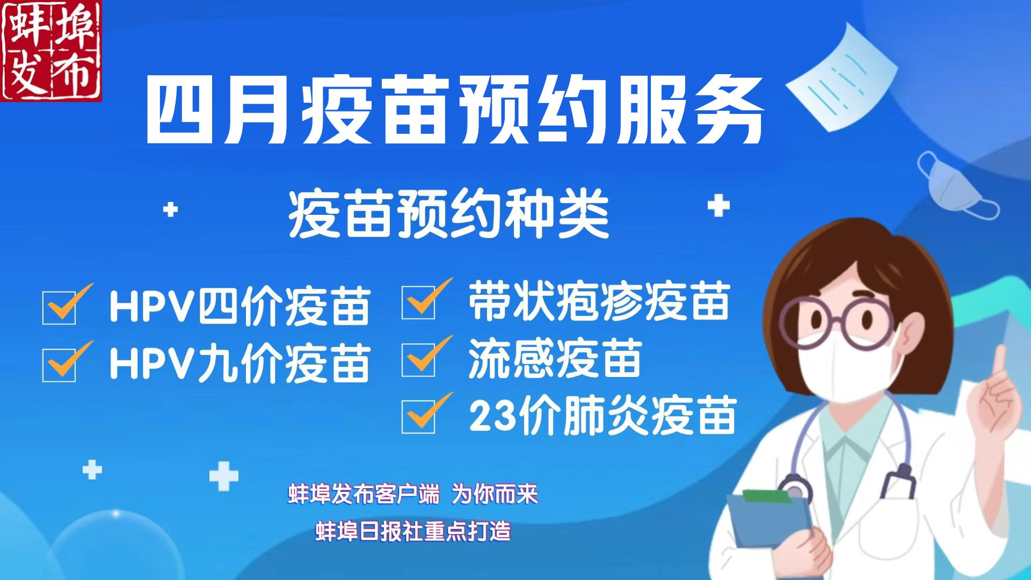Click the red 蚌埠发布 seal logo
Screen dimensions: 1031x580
pos(51,50)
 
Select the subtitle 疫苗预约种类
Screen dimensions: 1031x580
pos(449,215)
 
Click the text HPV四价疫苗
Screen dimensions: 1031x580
pos(239,306)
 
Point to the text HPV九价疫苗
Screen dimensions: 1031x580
pos(239,363)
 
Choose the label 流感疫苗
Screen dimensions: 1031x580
pos(555,358)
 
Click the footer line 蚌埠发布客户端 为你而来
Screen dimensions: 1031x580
pos(413,494)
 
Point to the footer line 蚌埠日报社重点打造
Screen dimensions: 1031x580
pos(413,532)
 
